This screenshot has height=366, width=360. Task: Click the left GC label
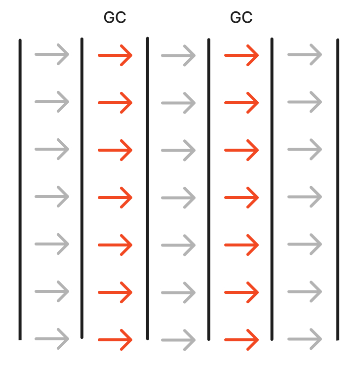115,18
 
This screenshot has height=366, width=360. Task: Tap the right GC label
241,18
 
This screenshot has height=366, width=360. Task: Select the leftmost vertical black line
20,190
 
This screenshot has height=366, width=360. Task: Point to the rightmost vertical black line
338,190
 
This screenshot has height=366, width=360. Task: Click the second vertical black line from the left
82,188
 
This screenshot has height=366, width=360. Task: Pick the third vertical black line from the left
148,188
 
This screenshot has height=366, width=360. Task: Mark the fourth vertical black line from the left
209,190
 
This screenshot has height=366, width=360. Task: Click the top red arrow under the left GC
115,55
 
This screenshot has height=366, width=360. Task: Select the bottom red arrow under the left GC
115,340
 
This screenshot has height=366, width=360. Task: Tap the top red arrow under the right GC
241,55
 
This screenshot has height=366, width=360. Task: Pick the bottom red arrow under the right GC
241,340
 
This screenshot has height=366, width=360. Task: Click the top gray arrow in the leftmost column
52,54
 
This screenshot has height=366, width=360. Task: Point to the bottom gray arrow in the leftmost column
52,339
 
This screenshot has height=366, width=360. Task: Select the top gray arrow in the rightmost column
305,54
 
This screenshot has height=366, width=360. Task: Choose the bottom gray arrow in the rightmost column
305,339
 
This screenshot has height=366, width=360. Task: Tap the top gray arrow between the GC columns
178,55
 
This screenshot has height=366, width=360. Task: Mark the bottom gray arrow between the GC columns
178,340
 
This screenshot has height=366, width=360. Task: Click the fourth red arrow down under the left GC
115,198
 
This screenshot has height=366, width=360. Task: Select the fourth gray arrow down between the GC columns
178,198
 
